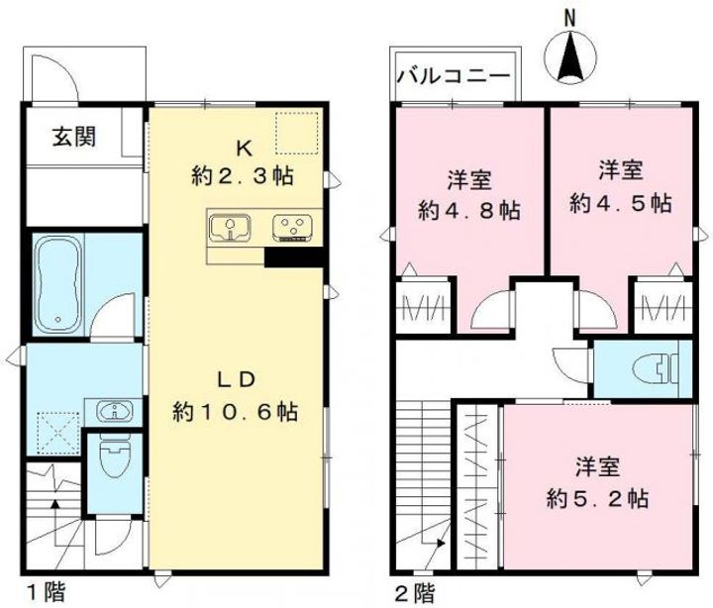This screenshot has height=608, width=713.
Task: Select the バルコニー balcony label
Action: (x=453, y=76)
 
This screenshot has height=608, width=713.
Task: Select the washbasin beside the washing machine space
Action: (x=112, y=411)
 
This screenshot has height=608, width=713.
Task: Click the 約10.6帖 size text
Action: (x=236, y=410)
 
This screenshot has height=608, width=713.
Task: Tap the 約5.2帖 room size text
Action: (x=598, y=497)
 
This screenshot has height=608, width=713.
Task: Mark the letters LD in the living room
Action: (x=238, y=379)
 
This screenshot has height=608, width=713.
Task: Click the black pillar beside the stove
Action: (x=294, y=256)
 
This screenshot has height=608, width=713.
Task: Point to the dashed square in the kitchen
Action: (x=296, y=134)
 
